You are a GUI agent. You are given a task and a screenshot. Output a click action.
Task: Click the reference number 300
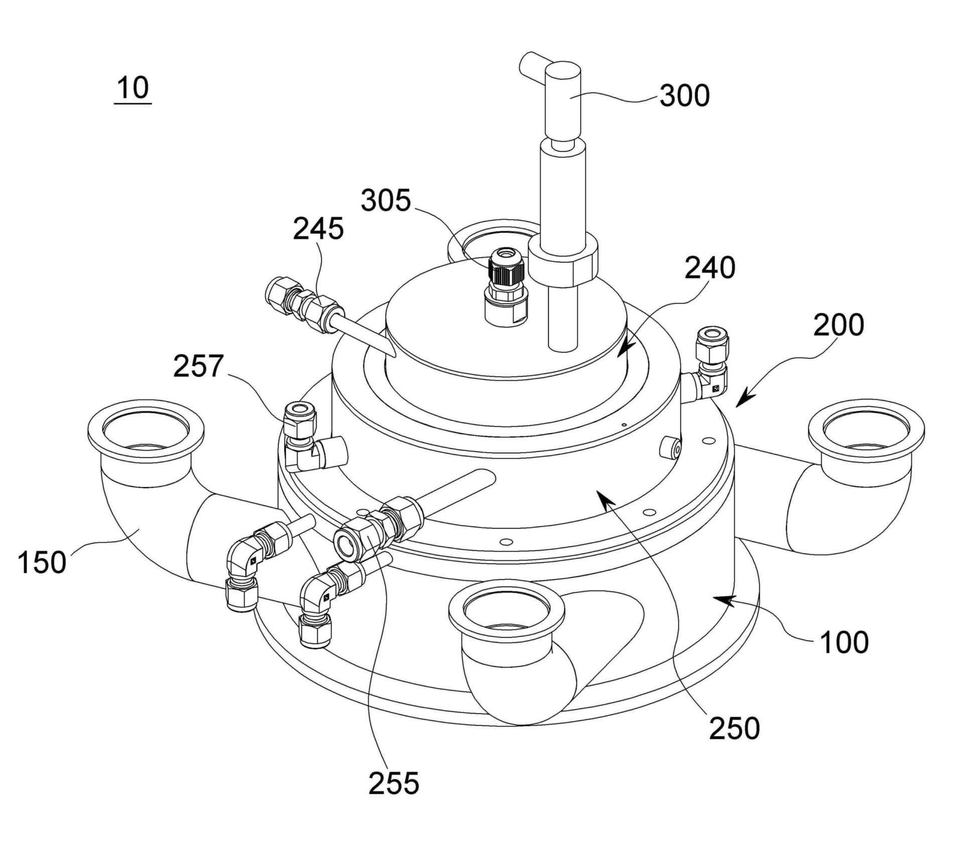click(685, 95)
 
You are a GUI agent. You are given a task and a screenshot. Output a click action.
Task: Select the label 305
click(386, 201)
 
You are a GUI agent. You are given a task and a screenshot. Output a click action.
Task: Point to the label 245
click(318, 229)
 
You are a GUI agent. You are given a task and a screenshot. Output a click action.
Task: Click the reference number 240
click(710, 268)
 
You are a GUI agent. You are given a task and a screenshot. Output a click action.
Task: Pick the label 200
click(839, 325)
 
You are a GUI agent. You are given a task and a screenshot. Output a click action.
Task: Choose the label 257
click(198, 366)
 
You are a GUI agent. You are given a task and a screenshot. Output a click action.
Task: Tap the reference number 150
click(42, 562)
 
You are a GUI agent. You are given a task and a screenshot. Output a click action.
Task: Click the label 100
click(844, 643)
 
